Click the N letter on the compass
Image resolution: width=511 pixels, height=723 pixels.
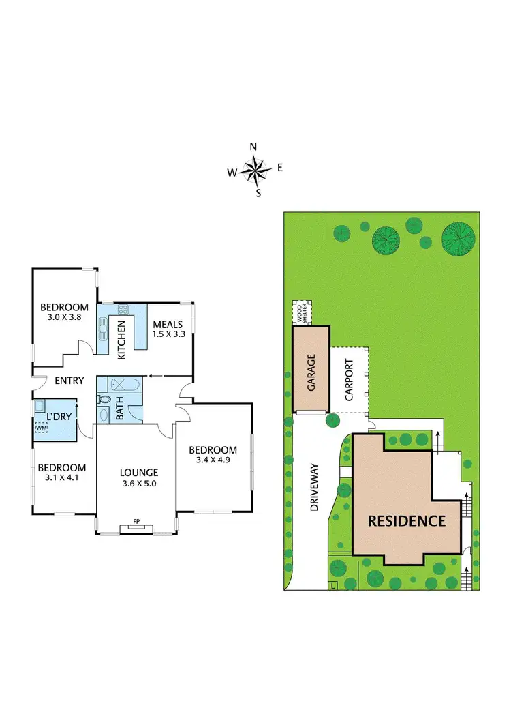[x=253, y=147]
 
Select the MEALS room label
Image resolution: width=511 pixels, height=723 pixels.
[x=168, y=324]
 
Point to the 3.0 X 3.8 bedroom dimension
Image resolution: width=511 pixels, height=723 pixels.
[x=65, y=316]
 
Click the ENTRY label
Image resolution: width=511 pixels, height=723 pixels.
[x=70, y=381]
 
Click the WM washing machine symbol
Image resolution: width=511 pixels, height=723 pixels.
[x=42, y=428]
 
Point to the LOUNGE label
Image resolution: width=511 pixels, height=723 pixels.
[x=139, y=472]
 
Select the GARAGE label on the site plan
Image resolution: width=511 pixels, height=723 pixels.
[x=311, y=370]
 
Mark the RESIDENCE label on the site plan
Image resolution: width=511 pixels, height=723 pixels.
[x=407, y=521]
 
